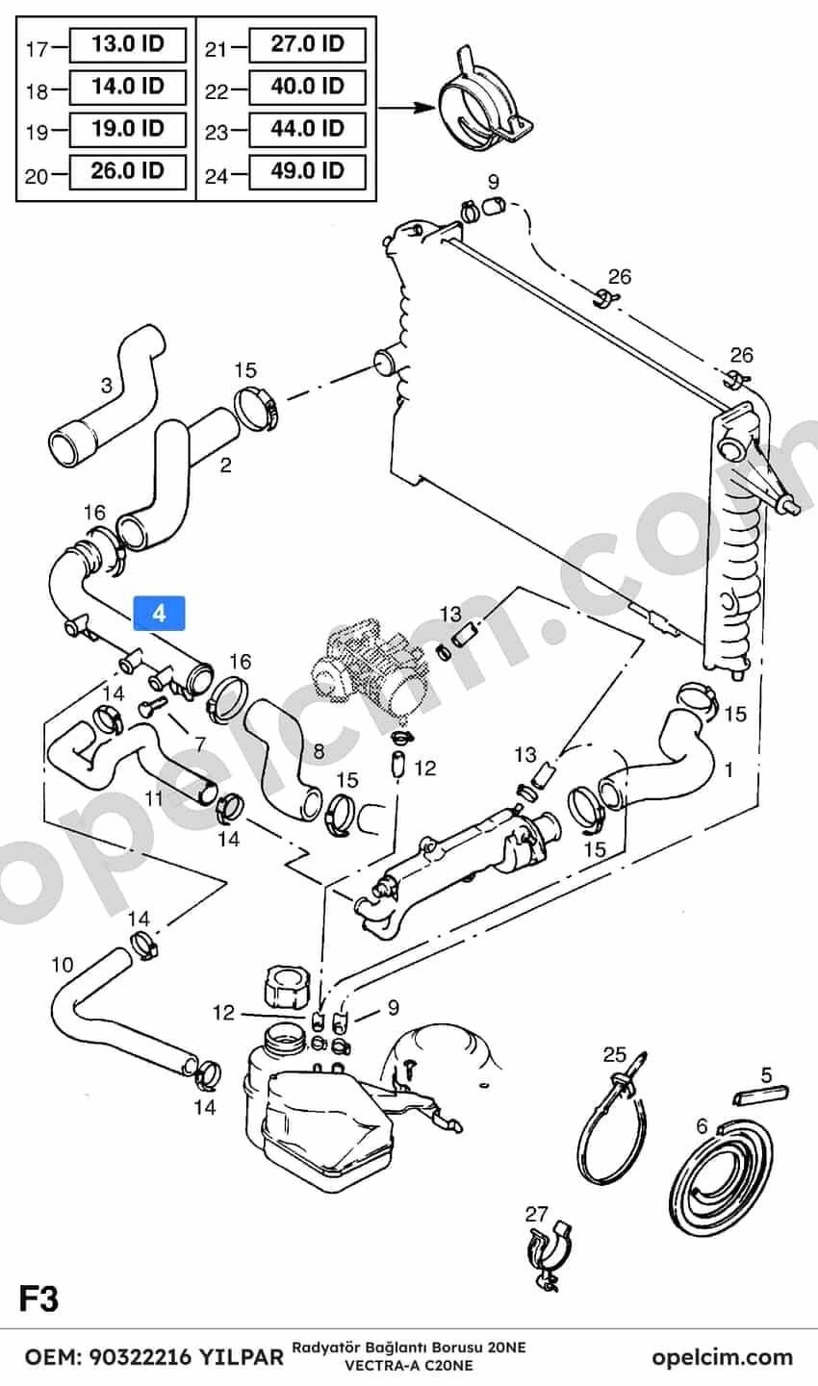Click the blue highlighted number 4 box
point(159,614)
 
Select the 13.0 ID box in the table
point(128,44)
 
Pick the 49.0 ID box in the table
point(307,171)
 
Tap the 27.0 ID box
point(307,44)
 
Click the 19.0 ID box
point(128,129)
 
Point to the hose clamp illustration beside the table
point(485,99)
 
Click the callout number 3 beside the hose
point(107,386)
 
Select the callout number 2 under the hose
point(225,465)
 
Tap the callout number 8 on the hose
point(319,750)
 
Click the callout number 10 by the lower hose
point(62,965)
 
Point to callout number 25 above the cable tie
point(615,1054)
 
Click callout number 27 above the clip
point(536,1214)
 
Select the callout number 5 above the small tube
point(767,1075)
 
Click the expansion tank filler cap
point(285,986)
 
